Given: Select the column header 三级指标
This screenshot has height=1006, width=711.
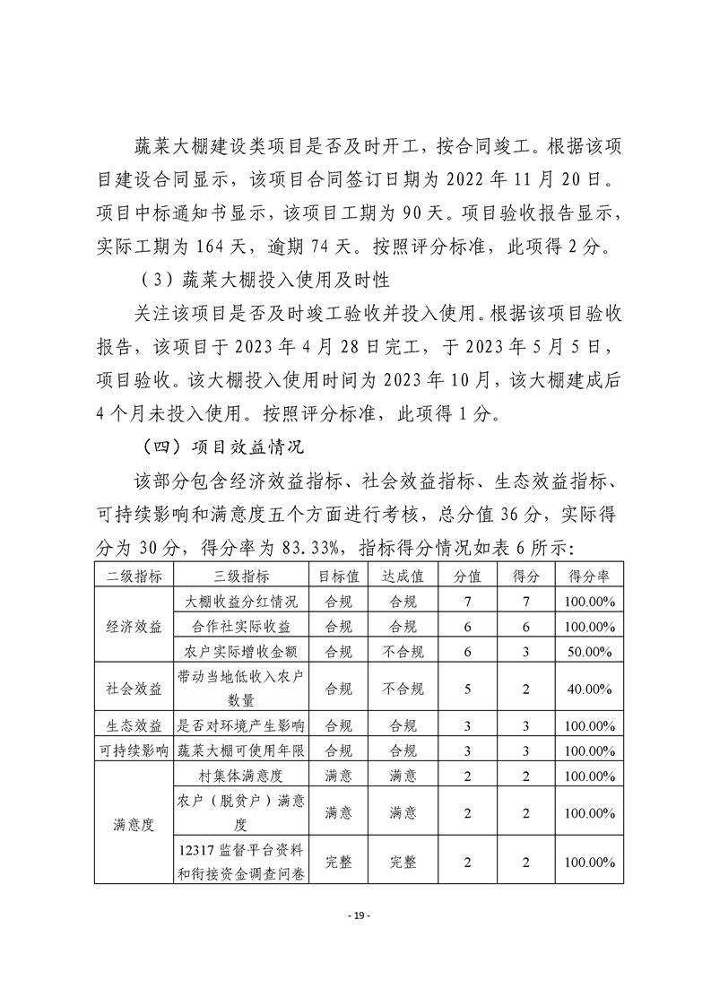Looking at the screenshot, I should click(x=241, y=576).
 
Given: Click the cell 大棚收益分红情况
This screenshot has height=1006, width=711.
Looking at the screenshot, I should click(x=241, y=601).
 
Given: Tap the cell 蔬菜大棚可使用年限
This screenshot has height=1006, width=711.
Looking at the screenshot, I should click(x=241, y=750).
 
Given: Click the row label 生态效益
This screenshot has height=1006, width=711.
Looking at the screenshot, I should click(x=134, y=725).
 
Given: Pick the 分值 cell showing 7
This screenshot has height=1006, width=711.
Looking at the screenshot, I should click(x=468, y=601).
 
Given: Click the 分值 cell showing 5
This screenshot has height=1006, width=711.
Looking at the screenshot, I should click(x=468, y=689).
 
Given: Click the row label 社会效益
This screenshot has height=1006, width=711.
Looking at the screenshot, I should click(x=134, y=689).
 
